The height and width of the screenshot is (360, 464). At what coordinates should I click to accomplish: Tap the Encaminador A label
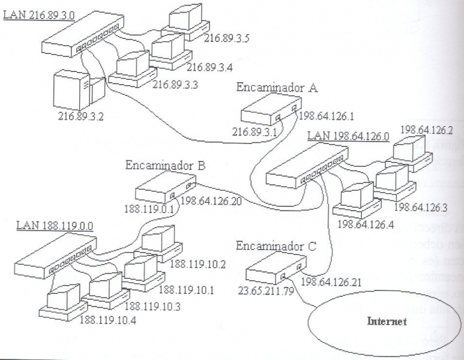tap(269, 88)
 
